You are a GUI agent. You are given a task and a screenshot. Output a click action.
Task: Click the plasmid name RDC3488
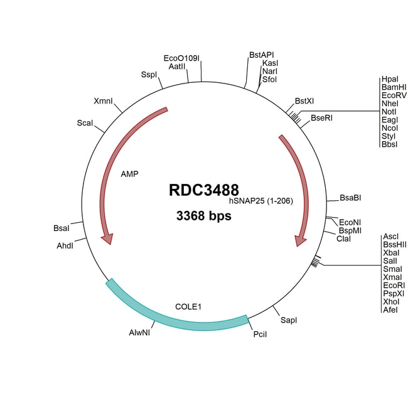point(204,190)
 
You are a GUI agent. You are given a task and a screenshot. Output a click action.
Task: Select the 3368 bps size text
point(204,216)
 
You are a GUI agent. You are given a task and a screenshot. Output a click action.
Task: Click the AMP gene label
point(129,174)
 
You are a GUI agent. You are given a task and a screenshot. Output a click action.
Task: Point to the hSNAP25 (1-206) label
point(261,201)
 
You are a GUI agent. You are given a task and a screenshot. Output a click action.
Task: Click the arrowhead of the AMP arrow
point(108,239)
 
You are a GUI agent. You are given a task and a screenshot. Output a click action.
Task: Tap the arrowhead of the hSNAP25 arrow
point(300,240)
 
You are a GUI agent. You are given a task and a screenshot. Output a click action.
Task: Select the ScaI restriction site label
point(85,123)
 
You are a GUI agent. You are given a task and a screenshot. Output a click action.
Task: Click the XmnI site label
point(104,100)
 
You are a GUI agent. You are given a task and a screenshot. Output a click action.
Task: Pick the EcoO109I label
point(181,58)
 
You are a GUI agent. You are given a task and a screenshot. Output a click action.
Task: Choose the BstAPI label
point(262,55)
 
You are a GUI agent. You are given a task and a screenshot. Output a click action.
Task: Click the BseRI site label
point(321,118)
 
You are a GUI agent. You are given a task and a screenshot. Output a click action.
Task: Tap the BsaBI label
point(350,198)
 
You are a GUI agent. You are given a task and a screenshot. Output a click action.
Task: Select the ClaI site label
point(343,239)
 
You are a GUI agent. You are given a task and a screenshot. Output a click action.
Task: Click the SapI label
point(289,320)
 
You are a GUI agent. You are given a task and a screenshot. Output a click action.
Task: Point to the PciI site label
point(260,334)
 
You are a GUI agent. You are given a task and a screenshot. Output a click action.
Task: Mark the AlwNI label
point(139,333)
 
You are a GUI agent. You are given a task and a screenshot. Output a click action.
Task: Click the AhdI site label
point(65,245)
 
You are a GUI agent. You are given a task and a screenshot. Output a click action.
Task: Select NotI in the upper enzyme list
point(389,112)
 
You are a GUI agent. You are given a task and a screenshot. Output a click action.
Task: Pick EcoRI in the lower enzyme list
point(394,286)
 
